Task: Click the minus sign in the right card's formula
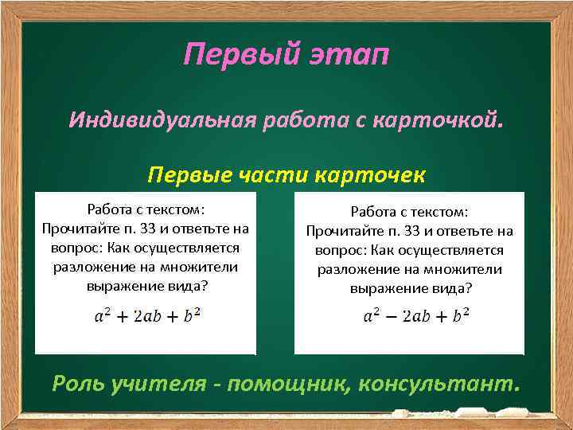pos(391,315)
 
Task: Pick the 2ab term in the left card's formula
pos(148,315)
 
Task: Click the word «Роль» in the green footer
pos(77,385)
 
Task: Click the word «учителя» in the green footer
pos(162,385)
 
